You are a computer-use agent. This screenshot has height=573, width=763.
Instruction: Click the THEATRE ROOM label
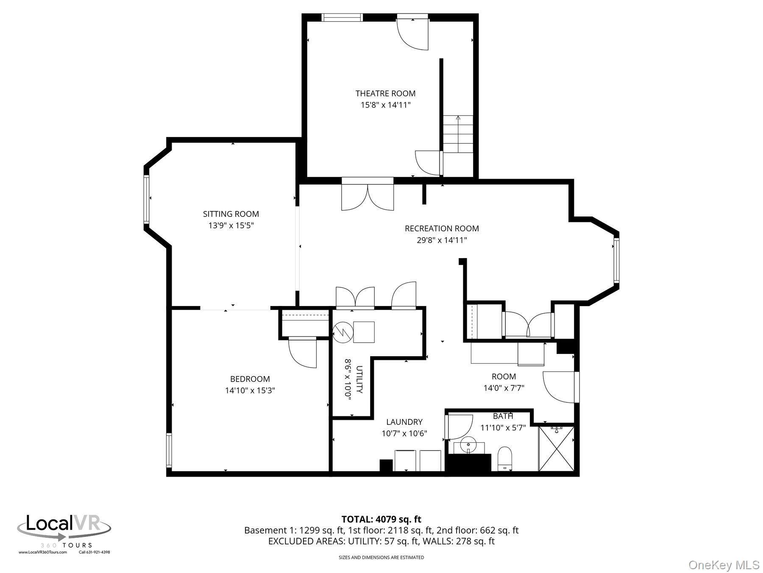click(x=385, y=93)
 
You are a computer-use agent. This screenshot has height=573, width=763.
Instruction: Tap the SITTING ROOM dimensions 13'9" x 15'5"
click(x=231, y=225)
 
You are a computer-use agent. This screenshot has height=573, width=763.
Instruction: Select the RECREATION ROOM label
click(x=442, y=228)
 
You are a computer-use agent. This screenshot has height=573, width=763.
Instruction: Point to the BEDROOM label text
click(x=250, y=379)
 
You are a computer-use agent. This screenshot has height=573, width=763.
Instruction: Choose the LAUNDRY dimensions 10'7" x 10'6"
click(x=404, y=433)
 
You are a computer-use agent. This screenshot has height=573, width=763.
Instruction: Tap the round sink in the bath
click(x=468, y=447)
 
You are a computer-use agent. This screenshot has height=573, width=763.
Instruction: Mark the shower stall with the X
click(x=556, y=449)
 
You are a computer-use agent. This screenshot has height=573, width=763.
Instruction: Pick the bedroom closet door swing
click(x=303, y=352)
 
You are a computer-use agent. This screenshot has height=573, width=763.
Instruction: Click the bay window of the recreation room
click(x=616, y=261)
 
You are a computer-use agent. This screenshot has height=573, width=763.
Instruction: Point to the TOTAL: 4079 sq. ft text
click(x=381, y=519)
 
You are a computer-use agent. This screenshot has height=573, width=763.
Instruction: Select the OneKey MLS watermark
click(x=724, y=565)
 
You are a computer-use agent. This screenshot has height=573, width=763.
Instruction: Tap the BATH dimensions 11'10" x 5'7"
click(x=503, y=428)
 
